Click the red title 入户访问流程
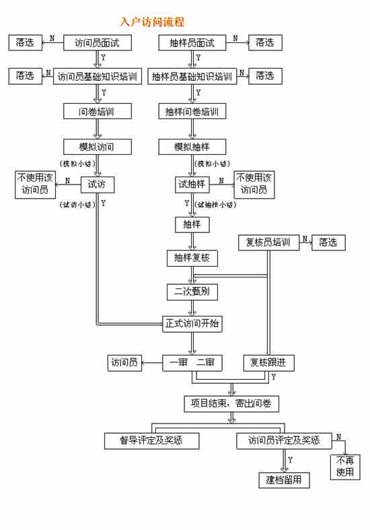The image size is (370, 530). (x=152, y=22)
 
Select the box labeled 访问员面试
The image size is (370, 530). (x=98, y=42)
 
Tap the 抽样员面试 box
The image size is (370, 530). (x=192, y=42)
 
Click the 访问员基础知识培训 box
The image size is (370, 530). (x=98, y=76)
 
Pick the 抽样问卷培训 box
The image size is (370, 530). (x=192, y=111)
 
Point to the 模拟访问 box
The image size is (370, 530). (x=98, y=147)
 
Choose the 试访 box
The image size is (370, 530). (x=98, y=185)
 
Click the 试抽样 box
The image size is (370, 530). (x=192, y=185)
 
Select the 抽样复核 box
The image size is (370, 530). (x=192, y=258)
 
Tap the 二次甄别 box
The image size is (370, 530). (x=192, y=292)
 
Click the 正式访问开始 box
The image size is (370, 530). (x=192, y=324)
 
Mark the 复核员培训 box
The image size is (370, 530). (x=268, y=242)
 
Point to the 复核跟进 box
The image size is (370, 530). (x=268, y=363)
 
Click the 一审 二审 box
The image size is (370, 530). (x=192, y=363)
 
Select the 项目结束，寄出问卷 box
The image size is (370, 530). (x=231, y=403)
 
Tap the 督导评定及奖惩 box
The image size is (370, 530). (x=151, y=440)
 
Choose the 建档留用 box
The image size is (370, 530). (x=284, y=480)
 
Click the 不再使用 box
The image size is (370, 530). (x=345, y=467)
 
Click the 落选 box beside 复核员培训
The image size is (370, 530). (x=328, y=242)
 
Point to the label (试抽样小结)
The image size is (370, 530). (x=216, y=205)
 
